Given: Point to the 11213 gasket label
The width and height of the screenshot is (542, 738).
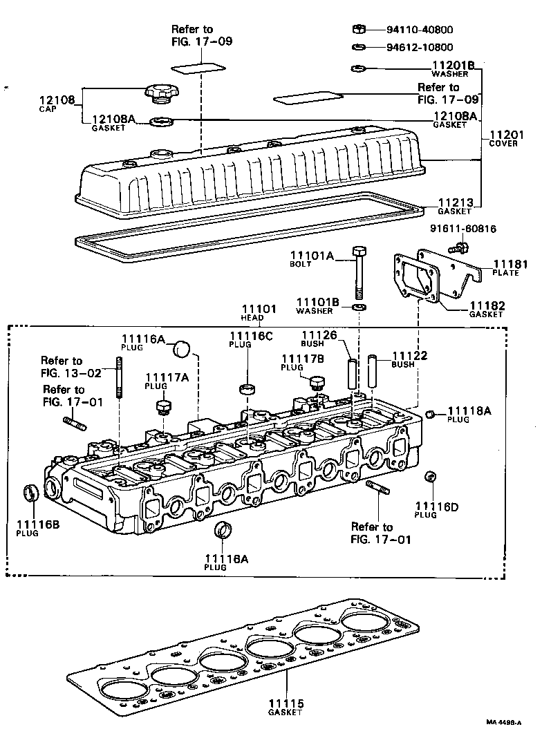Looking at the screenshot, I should click(x=454, y=205).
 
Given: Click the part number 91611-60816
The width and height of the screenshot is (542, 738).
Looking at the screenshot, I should click(x=462, y=229).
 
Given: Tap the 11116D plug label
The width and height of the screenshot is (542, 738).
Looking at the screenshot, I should click(x=436, y=510).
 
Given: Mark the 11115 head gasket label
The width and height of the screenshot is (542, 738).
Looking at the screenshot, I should click(x=286, y=707).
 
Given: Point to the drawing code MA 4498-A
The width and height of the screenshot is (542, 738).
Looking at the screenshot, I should click(x=507, y=722).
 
